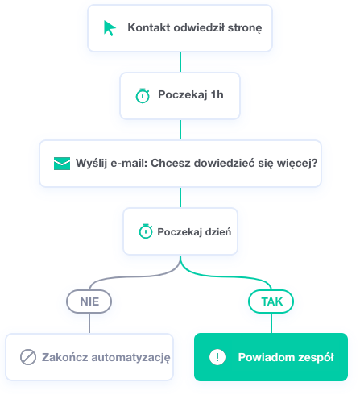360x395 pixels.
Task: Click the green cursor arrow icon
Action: [110, 28]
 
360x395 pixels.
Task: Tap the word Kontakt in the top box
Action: [149, 27]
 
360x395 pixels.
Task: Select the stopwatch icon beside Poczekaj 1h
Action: [143, 95]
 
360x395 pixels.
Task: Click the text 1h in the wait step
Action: [217, 94]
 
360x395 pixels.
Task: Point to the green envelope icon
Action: [62, 164]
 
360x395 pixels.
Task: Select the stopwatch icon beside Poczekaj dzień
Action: [146, 231]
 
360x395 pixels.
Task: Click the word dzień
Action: [218, 231]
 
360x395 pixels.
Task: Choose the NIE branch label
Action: [89, 301]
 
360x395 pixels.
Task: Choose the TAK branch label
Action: [271, 301]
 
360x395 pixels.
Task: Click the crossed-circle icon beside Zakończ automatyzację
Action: [28, 357]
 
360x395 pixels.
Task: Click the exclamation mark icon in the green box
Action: [217, 357]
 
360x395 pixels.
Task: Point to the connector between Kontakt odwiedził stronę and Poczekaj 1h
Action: [180, 62]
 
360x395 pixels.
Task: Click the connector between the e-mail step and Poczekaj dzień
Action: [180, 197]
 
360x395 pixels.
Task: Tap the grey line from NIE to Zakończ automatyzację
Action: [89, 323]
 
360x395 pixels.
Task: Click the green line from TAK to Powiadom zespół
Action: [271, 323]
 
